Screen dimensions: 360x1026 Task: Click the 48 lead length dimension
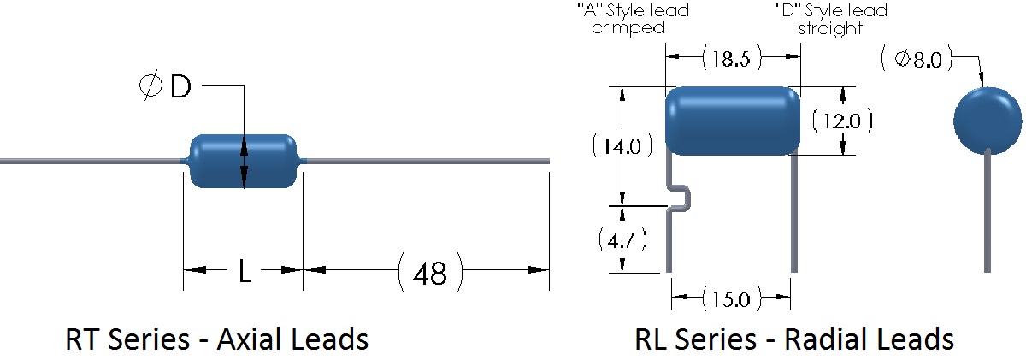430,272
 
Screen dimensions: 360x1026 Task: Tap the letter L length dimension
244,272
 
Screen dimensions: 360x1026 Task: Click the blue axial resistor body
244,161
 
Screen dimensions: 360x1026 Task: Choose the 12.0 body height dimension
841,121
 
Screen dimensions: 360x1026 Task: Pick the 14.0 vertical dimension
622,145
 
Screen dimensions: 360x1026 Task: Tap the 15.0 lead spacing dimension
730,299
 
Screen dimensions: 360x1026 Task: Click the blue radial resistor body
732,121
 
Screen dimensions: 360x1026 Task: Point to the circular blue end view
988,121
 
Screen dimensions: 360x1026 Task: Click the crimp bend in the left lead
681,197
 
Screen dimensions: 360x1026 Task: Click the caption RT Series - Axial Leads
217,339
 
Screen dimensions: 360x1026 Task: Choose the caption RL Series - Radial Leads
793,339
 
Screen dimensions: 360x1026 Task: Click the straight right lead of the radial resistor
793,214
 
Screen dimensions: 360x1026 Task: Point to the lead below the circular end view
988,210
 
